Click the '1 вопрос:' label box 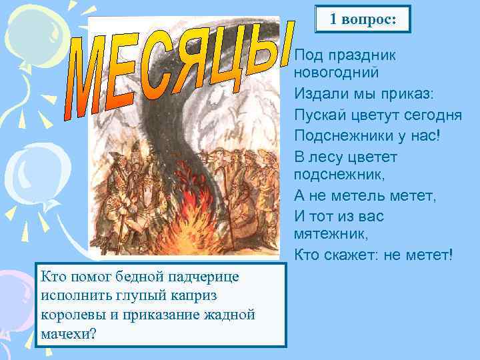tap(363, 20)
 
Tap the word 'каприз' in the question tap(193, 295)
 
